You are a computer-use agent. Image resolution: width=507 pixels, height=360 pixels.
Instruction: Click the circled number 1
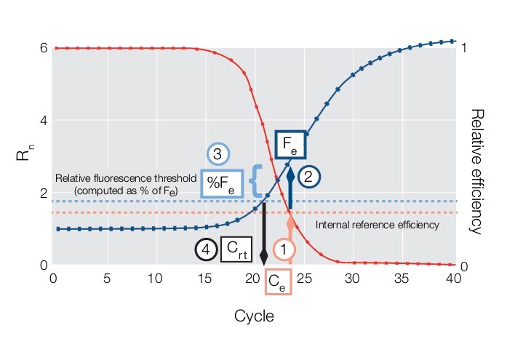pyautogui.click(x=284, y=249)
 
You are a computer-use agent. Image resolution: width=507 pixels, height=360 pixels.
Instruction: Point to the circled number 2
pyautogui.click(x=309, y=175)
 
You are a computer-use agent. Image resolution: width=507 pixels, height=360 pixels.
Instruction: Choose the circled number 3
pyautogui.click(x=218, y=154)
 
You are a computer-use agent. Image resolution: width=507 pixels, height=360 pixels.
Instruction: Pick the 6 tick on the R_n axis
pyautogui.click(x=44, y=48)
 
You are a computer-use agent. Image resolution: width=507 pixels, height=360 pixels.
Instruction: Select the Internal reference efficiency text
pyautogui.click(x=377, y=225)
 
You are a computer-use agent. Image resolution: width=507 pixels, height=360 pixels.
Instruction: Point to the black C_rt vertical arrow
pyautogui.click(x=263, y=232)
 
